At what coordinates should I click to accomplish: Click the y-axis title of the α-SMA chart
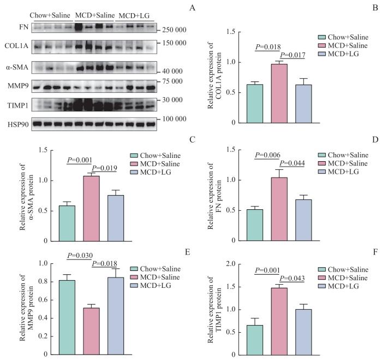tap(27, 195)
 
